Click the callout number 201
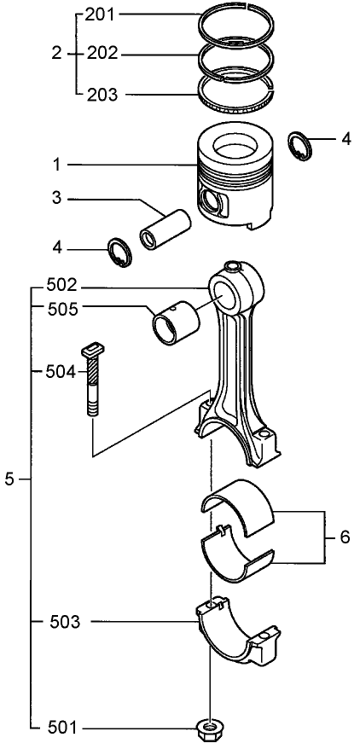coord(104,15)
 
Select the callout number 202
coord(104,54)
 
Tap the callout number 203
coord(104,94)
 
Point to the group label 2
coord(56,54)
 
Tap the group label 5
coord(9,480)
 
